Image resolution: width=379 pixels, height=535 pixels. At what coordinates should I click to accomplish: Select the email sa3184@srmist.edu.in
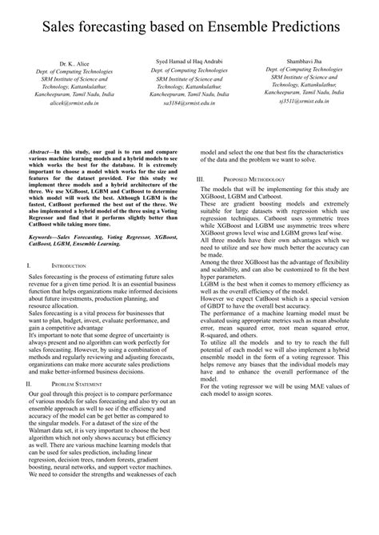(189, 103)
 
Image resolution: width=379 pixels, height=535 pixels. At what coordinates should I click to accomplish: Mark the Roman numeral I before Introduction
(28, 264)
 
